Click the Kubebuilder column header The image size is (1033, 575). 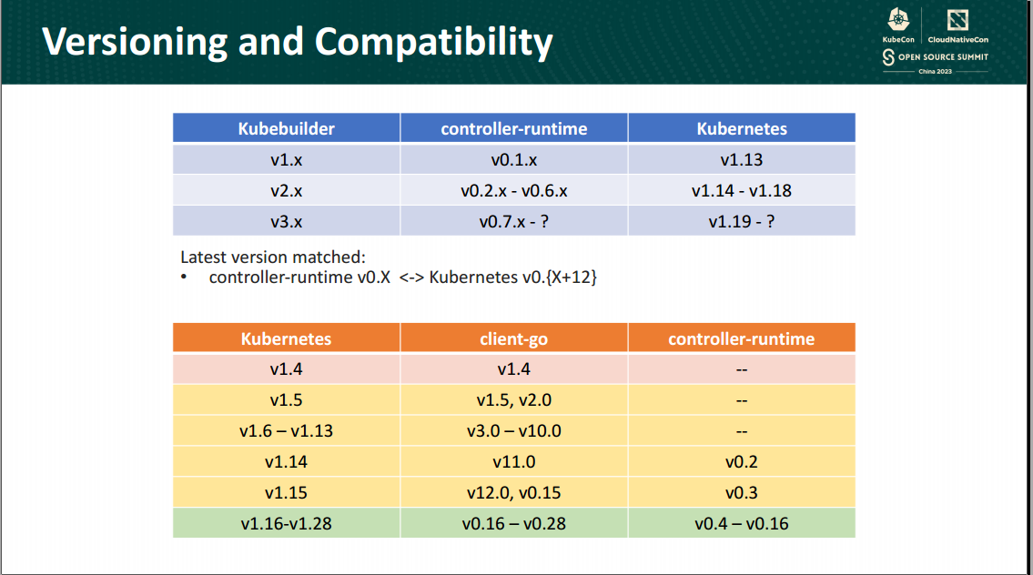[286, 128]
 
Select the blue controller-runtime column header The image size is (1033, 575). [513, 128]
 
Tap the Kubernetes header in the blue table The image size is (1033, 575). [742, 128]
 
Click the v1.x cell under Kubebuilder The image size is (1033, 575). [286, 159]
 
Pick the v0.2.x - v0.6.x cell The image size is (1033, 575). [513, 190]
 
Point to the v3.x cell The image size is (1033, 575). [286, 221]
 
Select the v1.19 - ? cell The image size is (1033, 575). [742, 221]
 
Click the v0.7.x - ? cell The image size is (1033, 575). [513, 221]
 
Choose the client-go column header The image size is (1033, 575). [513, 338]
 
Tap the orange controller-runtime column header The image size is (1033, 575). [742, 338]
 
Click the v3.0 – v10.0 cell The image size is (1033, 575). [513, 430]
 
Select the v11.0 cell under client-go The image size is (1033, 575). [513, 461]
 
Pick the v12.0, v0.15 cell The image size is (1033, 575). [513, 492]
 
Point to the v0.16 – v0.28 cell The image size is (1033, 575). [513, 523]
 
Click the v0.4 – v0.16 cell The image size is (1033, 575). [742, 523]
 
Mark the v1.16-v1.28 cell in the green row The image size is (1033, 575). [286, 523]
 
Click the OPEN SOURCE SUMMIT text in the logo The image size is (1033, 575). [943, 57]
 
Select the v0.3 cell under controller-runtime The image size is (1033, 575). [742, 492]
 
